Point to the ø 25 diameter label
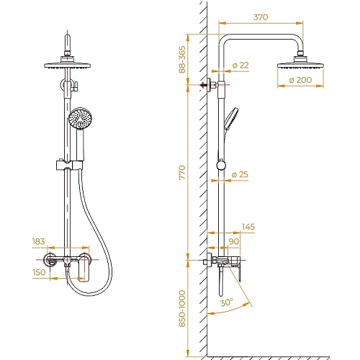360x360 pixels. pyautogui.click(x=241, y=175)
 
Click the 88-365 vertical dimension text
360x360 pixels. pyautogui.click(x=182, y=60)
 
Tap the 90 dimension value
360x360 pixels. pyautogui.click(x=233, y=241)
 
